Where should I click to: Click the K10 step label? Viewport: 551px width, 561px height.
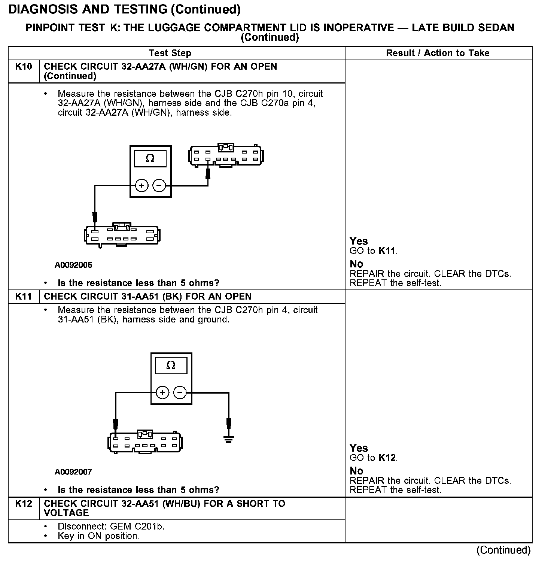23,67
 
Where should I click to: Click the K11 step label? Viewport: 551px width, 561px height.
23,297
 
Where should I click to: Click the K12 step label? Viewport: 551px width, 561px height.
23,504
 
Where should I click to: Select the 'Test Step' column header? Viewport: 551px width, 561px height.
170,53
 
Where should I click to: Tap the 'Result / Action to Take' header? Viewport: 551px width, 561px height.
438,53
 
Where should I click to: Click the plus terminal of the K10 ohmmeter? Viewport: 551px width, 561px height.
141,186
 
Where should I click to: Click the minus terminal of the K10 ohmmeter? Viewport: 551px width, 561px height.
159,186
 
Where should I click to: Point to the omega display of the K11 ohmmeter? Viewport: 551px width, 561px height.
171,366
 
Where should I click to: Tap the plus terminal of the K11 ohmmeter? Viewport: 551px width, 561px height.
162,392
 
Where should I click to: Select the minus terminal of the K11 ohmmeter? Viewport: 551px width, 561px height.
180,392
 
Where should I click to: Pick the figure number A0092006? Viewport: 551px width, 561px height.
73,265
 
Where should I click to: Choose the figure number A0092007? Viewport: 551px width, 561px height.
73,472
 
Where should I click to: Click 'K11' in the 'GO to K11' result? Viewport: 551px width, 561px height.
387,251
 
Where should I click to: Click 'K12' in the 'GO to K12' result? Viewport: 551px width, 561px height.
387,458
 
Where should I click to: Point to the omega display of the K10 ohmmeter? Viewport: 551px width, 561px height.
150,159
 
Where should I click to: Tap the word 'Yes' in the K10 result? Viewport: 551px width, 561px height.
359,241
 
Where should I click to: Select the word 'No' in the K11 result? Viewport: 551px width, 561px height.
356,471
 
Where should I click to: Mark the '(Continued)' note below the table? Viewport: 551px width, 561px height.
503,550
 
